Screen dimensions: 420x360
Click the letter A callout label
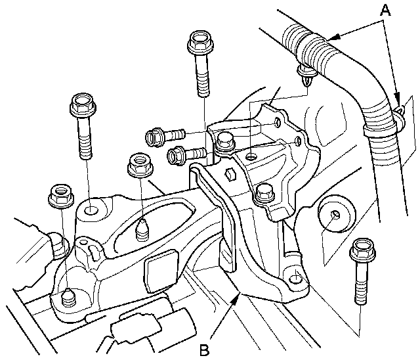click(385, 11)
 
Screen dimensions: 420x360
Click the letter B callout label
click(204, 349)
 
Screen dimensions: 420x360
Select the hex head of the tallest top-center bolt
click(201, 41)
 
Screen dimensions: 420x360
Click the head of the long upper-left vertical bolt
click(83, 104)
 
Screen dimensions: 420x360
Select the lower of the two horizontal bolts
click(186, 154)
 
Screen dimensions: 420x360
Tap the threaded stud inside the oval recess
click(142, 229)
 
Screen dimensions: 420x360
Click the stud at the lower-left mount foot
click(68, 298)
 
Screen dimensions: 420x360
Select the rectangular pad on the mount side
click(161, 271)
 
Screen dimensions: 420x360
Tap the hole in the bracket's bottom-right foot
click(295, 278)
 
